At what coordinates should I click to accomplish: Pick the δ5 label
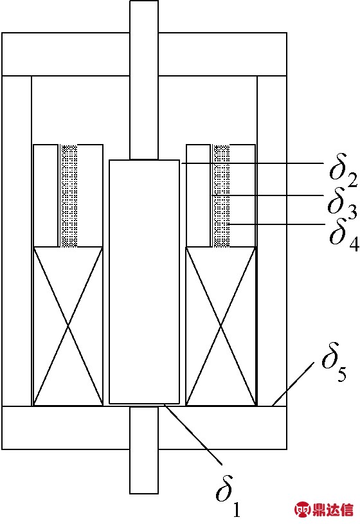click(334, 363)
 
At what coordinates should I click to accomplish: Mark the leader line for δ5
click(293, 384)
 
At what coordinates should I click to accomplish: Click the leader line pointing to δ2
click(252, 163)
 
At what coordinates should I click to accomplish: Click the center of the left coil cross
click(68, 325)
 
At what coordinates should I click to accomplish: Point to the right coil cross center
click(221, 326)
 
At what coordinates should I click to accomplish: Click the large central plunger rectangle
click(144, 282)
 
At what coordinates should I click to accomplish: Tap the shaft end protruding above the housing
click(144, 17)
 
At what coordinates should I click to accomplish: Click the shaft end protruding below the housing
click(144, 471)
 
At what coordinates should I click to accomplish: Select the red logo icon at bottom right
click(303, 509)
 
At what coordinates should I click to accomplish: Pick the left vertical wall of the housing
click(17, 240)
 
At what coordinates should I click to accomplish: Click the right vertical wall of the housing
click(272, 240)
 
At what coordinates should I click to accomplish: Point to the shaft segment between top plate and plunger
click(144, 118)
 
